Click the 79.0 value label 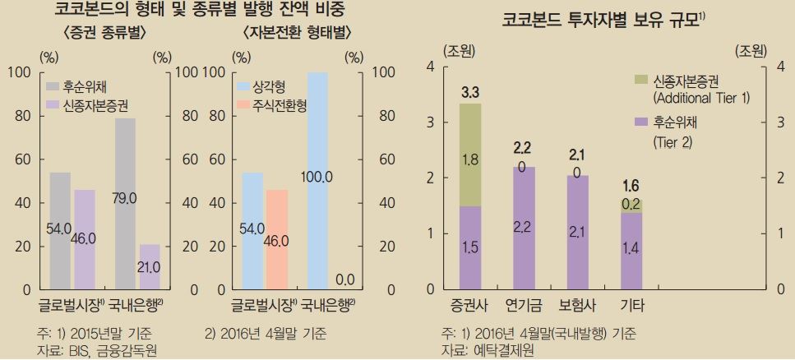pos(126,198)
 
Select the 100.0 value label pos(317,177)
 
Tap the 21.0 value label pos(149,267)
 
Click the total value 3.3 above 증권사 pos(470,90)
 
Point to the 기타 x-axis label pos(631,306)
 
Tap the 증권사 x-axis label pos(470,306)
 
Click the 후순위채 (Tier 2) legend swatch pos(641,122)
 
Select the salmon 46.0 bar pos(276,239)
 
